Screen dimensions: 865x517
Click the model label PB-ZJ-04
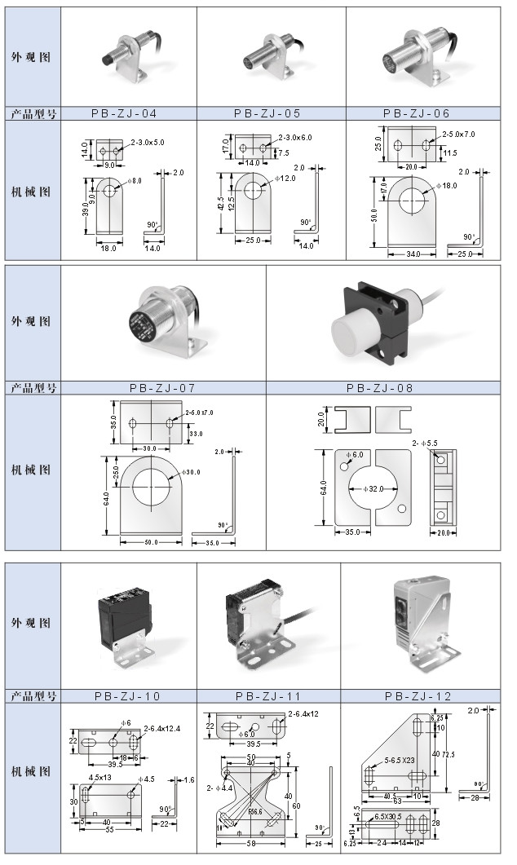[x=129, y=113]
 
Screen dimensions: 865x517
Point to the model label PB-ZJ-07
[x=163, y=388]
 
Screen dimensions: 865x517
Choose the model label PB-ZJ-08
[x=380, y=388]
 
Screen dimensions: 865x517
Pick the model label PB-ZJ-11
[x=268, y=695]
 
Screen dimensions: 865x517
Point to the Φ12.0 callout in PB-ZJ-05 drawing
[x=285, y=178]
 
